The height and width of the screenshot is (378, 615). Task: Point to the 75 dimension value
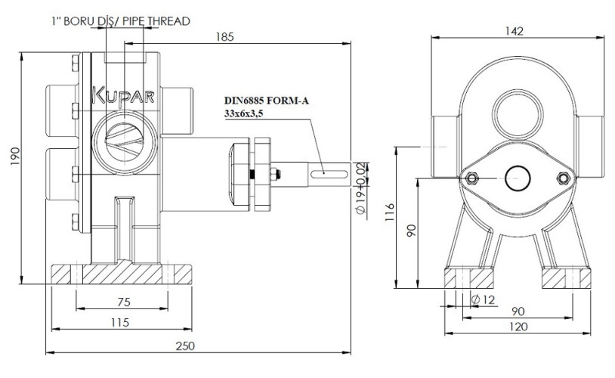(x=124, y=302)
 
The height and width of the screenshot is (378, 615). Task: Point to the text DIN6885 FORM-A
(x=266, y=100)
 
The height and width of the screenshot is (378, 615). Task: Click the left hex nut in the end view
(x=471, y=178)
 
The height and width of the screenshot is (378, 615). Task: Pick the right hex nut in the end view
(x=561, y=178)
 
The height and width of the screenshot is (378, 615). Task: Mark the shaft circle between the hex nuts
(x=516, y=178)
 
